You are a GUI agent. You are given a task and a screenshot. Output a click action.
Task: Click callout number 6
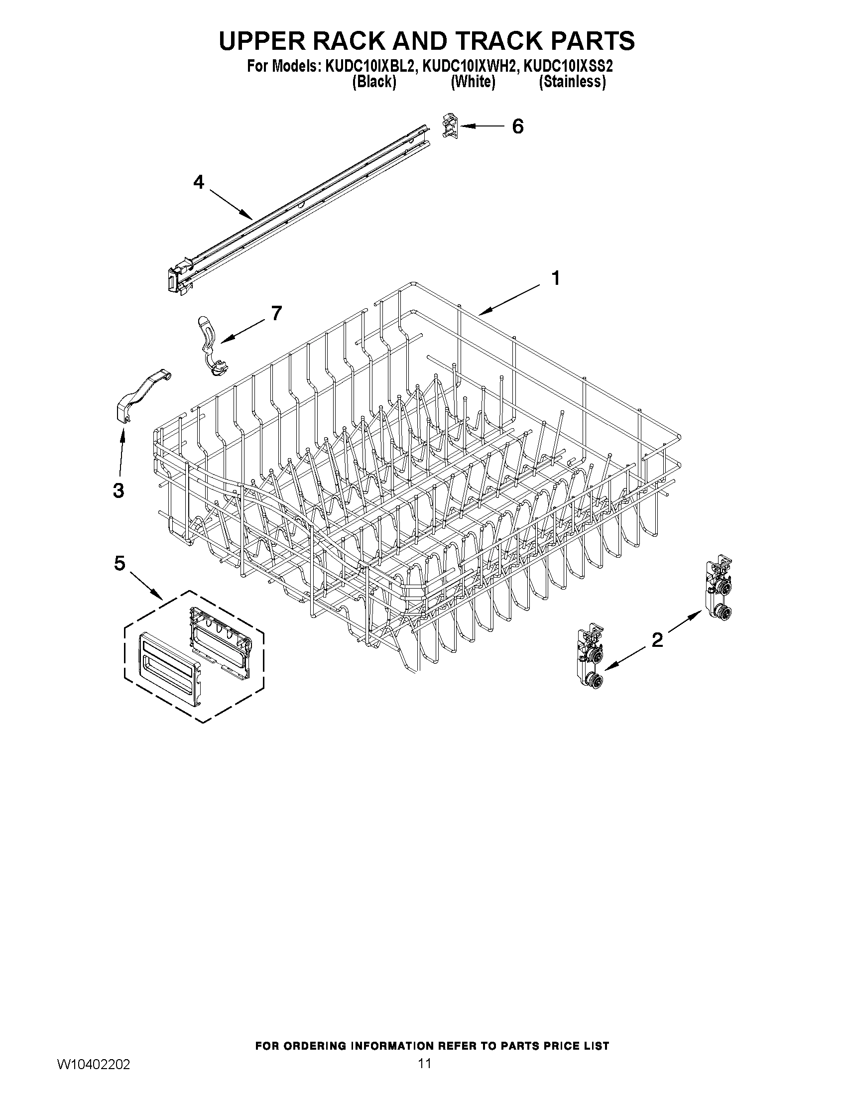[517, 126]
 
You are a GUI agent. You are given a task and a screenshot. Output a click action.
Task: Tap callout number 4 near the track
[199, 182]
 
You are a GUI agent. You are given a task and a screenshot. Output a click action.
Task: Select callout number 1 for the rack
[555, 277]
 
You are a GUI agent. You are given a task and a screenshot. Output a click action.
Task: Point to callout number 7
[276, 313]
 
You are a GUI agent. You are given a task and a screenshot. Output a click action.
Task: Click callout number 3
[119, 490]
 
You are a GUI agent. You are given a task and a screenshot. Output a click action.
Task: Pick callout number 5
[120, 564]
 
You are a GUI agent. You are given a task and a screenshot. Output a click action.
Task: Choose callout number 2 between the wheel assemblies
[657, 639]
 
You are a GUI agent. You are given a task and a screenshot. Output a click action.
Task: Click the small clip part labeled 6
[450, 125]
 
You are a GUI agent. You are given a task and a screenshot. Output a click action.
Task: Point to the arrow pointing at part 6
[482, 126]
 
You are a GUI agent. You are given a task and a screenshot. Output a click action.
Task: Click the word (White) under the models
[473, 82]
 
